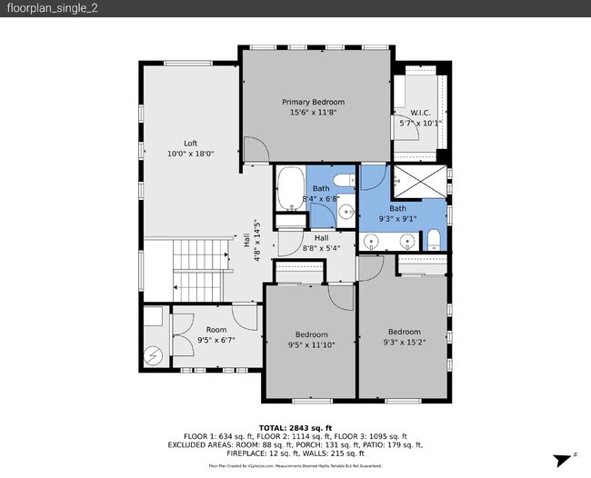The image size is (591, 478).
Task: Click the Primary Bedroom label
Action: pyautogui.click(x=317, y=103)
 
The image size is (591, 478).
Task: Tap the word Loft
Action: pyautogui.click(x=190, y=144)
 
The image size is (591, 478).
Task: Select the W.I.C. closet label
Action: pyautogui.click(x=419, y=113)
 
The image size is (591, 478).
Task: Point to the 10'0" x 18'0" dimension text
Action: pyautogui.click(x=190, y=154)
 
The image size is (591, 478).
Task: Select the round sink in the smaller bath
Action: pyautogui.click(x=346, y=213)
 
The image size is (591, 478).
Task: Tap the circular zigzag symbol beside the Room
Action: pyautogui.click(x=154, y=353)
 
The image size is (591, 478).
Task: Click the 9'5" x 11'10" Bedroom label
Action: pyautogui.click(x=311, y=338)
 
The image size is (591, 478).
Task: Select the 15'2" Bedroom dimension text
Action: pyautogui.click(x=404, y=342)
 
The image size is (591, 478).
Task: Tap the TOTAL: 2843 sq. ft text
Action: pyautogui.click(x=295, y=427)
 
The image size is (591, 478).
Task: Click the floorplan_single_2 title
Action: pyautogui.click(x=42, y=8)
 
